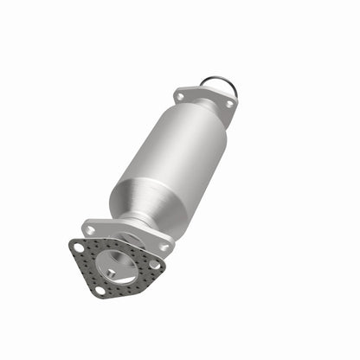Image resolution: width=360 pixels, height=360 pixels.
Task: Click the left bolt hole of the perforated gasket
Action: coord(79,247)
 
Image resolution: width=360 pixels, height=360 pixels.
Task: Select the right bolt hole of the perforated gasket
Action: coord(154,264)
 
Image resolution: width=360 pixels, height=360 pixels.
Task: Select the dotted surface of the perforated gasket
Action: coord(87,268)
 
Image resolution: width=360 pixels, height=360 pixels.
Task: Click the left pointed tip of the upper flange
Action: coord(174,95)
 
